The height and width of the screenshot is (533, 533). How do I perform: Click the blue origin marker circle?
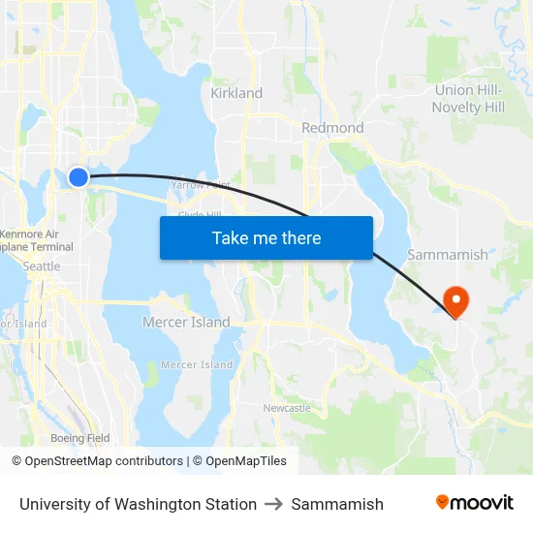78,176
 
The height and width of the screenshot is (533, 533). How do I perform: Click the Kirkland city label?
236,93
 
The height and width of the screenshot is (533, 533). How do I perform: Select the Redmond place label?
332,128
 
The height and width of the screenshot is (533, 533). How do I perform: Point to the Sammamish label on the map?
448,255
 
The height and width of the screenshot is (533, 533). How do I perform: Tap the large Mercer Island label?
186,323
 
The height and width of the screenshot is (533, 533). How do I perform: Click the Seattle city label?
41,266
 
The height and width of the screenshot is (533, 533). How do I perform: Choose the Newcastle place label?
287,408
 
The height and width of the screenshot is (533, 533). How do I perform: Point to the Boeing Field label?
80,438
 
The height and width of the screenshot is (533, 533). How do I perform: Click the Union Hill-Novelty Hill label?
470,99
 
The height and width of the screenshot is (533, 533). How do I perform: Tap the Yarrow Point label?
201,184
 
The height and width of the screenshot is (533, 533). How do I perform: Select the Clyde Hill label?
200,215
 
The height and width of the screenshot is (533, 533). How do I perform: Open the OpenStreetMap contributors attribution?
98,461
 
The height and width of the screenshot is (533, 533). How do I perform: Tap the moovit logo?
474,503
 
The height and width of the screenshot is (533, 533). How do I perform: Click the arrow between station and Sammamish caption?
273,504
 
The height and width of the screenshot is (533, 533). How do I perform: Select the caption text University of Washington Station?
138,504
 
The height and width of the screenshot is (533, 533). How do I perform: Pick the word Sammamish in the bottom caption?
337,504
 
